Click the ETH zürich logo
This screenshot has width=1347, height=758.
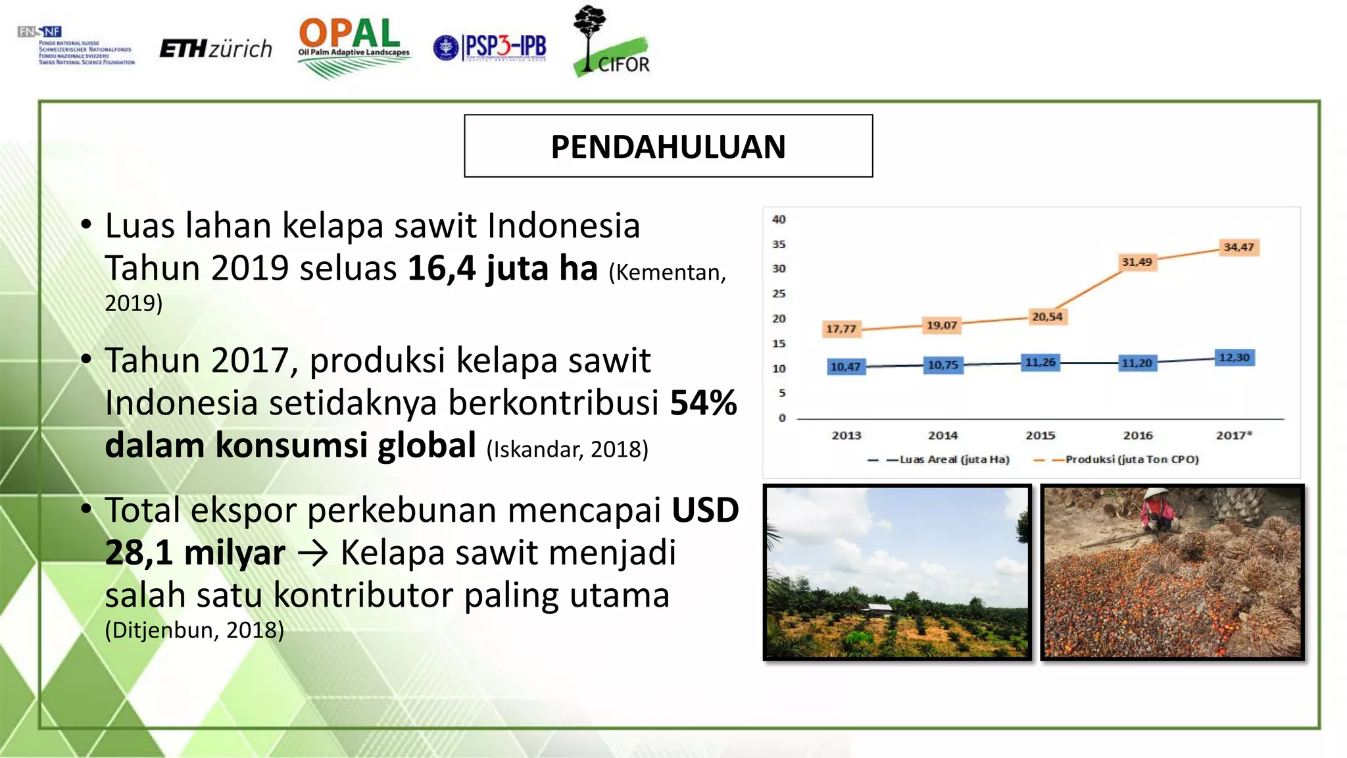pyautogui.click(x=216, y=49)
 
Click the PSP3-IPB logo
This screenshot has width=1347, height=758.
pyautogui.click(x=491, y=47)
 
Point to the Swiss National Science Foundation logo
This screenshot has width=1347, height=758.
pyautogui.click(x=76, y=46)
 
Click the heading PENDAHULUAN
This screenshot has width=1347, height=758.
pyautogui.click(x=668, y=146)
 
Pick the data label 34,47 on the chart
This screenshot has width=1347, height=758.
pyautogui.click(x=1238, y=247)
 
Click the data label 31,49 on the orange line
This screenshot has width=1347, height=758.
pyautogui.click(x=1137, y=262)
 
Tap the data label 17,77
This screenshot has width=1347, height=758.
pyautogui.click(x=841, y=329)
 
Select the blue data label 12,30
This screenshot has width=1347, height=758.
pyautogui.click(x=1234, y=357)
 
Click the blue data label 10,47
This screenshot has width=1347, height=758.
pyautogui.click(x=845, y=366)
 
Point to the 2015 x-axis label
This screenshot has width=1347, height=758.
pyautogui.click(x=1040, y=436)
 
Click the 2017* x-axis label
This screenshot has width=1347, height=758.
pyautogui.click(x=1234, y=436)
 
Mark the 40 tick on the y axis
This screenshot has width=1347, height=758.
pyautogui.click(x=779, y=220)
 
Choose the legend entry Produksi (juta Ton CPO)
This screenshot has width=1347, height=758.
pyautogui.click(x=1131, y=459)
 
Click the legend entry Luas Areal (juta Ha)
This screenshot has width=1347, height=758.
pyautogui.click(x=954, y=459)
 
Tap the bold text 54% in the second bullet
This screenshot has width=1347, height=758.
pyautogui.click(x=703, y=403)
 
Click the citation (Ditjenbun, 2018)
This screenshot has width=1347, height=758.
pyautogui.click(x=195, y=630)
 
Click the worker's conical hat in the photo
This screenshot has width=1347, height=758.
pyautogui.click(x=1156, y=494)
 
